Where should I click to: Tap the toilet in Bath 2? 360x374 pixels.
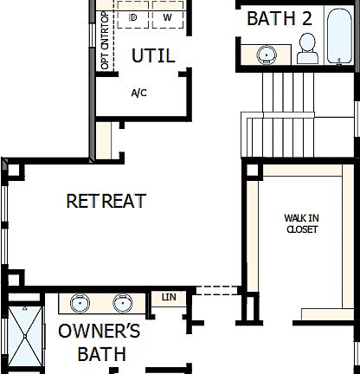point(307,49)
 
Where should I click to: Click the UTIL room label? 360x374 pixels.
point(152,56)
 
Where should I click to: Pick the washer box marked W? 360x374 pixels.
point(168,16)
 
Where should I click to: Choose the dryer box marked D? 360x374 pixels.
point(133,16)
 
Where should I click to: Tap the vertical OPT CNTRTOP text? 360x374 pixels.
point(106,42)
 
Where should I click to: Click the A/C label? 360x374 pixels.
point(139,93)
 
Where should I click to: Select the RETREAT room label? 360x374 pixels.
point(106,201)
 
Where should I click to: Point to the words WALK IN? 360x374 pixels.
point(301,218)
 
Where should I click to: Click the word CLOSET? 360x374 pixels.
point(301,229)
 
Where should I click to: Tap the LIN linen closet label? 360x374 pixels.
point(167,298)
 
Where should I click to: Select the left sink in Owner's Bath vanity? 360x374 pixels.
point(80,304)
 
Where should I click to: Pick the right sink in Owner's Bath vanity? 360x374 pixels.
point(123,304)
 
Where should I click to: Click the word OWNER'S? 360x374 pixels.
point(99,332)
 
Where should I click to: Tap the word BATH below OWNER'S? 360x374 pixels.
point(101,353)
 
